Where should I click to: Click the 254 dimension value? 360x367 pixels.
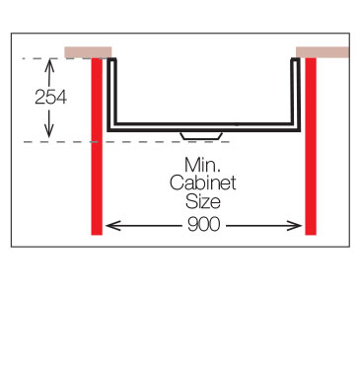50,98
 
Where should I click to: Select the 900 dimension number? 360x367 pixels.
203,225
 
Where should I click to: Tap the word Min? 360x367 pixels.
202,165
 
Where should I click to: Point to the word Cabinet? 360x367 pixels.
203,183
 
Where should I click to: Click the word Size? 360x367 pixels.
203,201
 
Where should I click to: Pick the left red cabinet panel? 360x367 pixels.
97,146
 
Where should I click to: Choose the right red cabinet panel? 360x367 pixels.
311,146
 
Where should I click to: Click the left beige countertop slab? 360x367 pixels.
88,52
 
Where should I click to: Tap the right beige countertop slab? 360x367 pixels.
323,52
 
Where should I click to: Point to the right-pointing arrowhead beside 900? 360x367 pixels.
295,226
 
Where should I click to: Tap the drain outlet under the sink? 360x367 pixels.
201,136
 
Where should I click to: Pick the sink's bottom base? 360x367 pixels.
204,127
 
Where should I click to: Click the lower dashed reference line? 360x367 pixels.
126,142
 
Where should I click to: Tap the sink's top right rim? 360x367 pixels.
296,60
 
